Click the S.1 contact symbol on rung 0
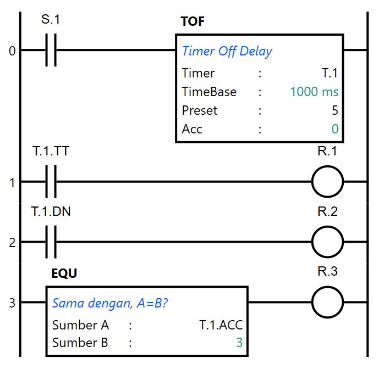tap(51, 51)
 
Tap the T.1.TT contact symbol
tap(51, 181)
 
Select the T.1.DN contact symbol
tap(51, 242)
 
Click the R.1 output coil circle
tap(327, 181)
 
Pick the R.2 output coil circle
tap(327, 242)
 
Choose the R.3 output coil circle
tap(327, 302)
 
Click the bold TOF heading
tap(192, 22)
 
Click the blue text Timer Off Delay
tap(227, 52)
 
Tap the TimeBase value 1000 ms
tap(314, 92)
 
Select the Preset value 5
tap(334, 110)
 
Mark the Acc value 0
tap(334, 129)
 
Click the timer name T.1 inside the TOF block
tap(329, 73)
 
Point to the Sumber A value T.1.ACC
tap(221, 325)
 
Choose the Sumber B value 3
tap(239, 343)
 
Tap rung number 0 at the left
tap(12, 51)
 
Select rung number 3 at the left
tap(12, 303)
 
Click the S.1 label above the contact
tap(51, 20)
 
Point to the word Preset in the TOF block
tap(199, 110)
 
